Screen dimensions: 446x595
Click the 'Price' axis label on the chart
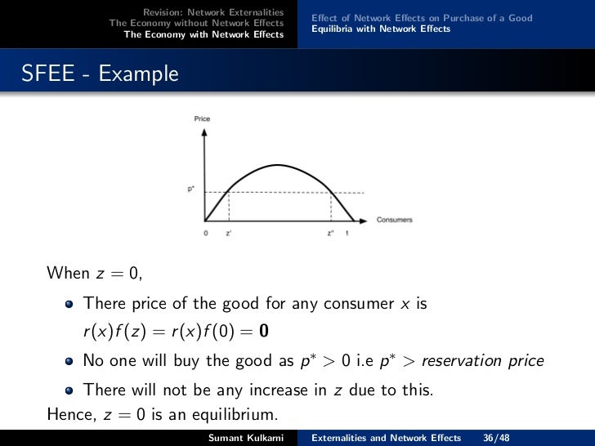tap(202, 119)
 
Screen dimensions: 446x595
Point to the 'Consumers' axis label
tap(394, 220)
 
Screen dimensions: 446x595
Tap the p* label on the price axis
tap(190, 189)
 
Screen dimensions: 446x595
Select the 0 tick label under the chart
tap(205, 233)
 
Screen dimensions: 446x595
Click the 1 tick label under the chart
tap(347, 233)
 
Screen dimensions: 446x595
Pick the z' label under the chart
tap(228, 233)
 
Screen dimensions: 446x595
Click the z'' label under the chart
tap(331, 233)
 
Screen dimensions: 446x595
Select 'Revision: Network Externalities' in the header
tap(213, 12)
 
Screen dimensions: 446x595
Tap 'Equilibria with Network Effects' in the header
tap(381, 29)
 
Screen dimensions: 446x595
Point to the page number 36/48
tap(497, 438)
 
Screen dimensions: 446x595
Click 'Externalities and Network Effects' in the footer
tap(386, 438)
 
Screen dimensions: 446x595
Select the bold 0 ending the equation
tap(263, 332)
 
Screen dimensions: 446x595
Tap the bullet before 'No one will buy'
tap(69, 361)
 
